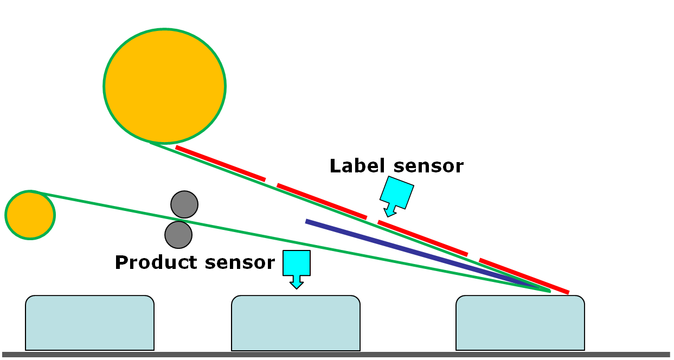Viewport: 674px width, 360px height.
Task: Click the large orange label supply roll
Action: pos(164,86)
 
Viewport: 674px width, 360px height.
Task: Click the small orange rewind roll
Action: pos(30,215)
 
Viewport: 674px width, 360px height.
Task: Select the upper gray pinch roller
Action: pos(184,204)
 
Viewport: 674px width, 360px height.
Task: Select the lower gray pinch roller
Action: pos(178,235)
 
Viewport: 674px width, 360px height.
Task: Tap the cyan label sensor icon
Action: pos(397,193)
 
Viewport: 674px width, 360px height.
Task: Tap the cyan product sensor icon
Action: pos(297,265)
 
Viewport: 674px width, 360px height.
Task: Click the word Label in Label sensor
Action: pos(358,166)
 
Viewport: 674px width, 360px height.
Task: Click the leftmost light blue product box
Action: pos(89,323)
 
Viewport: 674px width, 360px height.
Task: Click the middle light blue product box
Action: pos(296,323)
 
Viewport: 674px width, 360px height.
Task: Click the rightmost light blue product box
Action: pos(520,323)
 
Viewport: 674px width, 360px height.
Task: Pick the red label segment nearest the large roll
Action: pos(220,163)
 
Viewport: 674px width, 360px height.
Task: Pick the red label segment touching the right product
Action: pos(524,277)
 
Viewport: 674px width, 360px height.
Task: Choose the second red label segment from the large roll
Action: pos(322,201)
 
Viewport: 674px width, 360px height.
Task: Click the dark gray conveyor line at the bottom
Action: pos(336,355)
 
